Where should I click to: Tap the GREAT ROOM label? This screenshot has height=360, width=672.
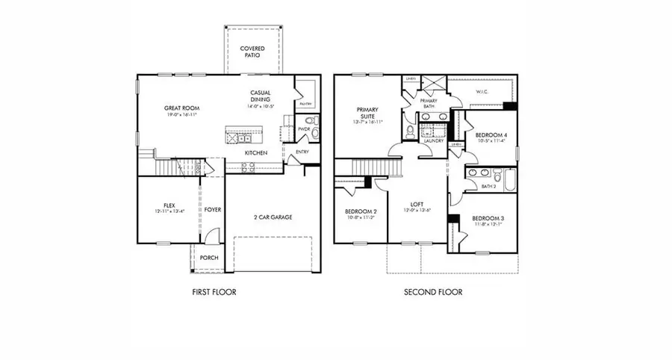[180, 108]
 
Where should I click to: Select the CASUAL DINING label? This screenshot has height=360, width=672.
[261, 96]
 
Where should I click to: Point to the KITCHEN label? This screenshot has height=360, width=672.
[256, 153]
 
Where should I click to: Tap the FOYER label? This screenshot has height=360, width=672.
[213, 210]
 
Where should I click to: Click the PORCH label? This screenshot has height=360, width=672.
[208, 258]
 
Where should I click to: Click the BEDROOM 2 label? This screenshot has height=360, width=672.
[360, 211]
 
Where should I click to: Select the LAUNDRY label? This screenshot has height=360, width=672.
[434, 140]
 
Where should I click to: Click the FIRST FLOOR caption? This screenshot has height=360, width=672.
[214, 292]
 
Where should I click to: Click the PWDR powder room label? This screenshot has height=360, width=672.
[304, 129]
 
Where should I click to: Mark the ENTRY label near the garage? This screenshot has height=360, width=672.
[302, 152]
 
